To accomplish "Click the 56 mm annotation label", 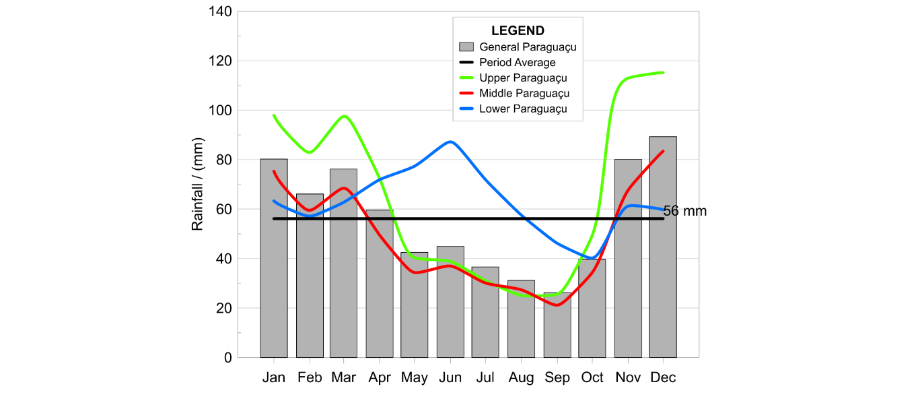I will click(x=685, y=211).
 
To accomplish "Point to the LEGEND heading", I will click(x=518, y=31).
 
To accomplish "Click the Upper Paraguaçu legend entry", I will click(x=523, y=78).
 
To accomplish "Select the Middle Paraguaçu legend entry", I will click(x=524, y=94).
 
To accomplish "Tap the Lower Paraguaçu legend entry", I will click(x=523, y=109).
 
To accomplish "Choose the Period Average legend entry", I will click(x=517, y=63).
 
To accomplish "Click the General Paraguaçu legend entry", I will click(x=528, y=47).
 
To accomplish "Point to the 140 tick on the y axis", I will click(x=221, y=11).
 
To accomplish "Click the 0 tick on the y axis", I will click(x=227, y=358).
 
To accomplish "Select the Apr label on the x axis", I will click(x=380, y=377).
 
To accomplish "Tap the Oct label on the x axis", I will click(x=592, y=377).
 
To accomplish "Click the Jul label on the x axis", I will click(x=485, y=377).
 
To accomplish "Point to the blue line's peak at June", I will click(x=450, y=142).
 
